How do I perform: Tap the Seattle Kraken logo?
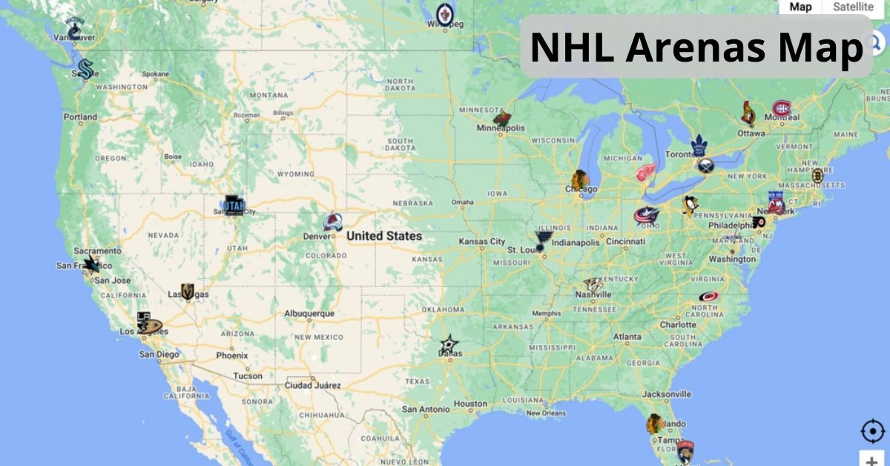85,69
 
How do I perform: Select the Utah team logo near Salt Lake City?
234,205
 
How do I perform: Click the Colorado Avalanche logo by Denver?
333,223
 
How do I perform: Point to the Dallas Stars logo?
449,344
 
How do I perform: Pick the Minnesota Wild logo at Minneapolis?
502,118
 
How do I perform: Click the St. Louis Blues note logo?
544,240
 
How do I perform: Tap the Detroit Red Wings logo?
646,172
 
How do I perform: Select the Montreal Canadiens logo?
782,109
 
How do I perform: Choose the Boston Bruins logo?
817,176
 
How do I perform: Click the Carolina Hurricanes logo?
708,297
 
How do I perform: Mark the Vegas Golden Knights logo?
187,292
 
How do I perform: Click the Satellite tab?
853,7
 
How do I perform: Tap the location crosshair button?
872,431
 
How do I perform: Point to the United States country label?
384,236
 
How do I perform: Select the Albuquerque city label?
309,314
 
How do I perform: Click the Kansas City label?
481,242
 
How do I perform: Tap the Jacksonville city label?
667,394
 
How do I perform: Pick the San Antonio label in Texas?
425,409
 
